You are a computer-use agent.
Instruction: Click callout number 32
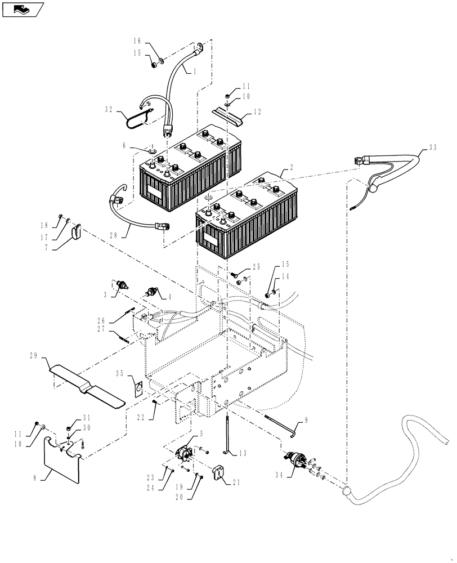click(109, 110)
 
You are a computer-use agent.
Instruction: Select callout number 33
click(432, 148)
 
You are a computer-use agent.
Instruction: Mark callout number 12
click(257, 111)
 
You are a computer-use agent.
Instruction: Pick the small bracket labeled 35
click(137, 386)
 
